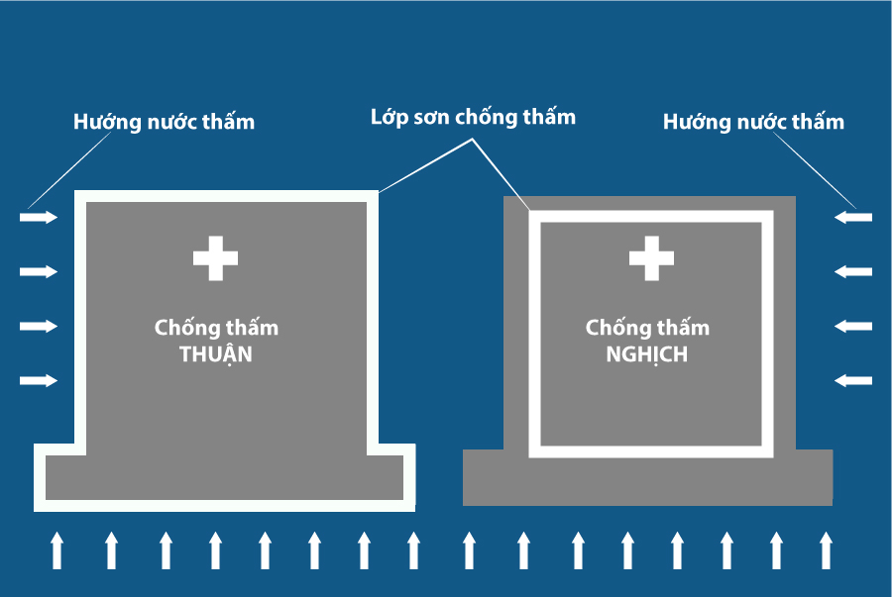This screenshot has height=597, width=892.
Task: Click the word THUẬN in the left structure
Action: click(216, 354)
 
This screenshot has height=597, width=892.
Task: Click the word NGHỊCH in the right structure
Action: click(646, 354)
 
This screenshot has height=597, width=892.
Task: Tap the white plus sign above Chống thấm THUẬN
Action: click(215, 258)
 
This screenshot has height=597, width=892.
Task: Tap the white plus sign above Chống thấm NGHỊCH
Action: click(651, 258)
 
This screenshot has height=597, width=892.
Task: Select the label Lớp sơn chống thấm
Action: click(473, 118)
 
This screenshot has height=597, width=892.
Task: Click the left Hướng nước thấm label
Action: click(164, 123)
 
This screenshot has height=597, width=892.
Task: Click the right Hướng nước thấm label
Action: click(753, 123)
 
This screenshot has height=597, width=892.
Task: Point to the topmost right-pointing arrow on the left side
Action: click(39, 217)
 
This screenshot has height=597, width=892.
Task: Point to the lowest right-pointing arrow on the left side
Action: click(39, 381)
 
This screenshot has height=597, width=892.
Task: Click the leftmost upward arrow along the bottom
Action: click(56, 549)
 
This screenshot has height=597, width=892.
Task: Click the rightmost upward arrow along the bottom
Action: click(826, 549)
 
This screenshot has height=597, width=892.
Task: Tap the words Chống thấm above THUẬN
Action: click(216, 328)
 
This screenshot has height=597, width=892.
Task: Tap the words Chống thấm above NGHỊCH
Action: click(646, 328)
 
